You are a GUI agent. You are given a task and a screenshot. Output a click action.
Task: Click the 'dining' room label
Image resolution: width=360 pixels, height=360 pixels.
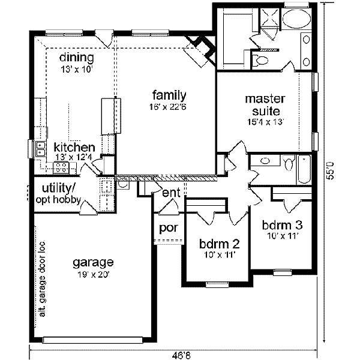click(x=77, y=58)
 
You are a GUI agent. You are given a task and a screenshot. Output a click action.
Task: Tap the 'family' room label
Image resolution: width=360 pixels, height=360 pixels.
click(x=169, y=95)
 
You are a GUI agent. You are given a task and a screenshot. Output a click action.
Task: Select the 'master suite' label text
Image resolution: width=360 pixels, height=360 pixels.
click(x=265, y=104)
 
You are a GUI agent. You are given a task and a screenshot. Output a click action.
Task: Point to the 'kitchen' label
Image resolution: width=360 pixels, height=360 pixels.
click(x=74, y=147)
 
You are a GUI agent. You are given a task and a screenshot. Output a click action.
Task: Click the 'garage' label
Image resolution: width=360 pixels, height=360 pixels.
click(x=93, y=262)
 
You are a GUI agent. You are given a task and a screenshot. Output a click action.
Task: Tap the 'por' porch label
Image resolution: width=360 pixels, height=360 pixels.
click(x=166, y=229)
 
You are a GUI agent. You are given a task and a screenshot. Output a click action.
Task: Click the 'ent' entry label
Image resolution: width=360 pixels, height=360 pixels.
click(x=171, y=192)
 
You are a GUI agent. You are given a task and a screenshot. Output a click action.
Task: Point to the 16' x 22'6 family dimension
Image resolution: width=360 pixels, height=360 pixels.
click(x=169, y=107)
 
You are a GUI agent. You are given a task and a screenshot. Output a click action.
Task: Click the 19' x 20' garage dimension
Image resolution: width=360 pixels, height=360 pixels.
click(x=93, y=275)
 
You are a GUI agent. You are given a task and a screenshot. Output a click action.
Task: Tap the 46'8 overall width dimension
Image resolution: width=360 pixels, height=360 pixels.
click(x=178, y=353)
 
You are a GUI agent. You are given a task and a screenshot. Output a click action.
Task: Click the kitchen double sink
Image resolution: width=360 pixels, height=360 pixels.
click(x=40, y=148)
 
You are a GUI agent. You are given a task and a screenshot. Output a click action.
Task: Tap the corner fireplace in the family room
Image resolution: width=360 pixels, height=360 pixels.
click(x=200, y=48)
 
